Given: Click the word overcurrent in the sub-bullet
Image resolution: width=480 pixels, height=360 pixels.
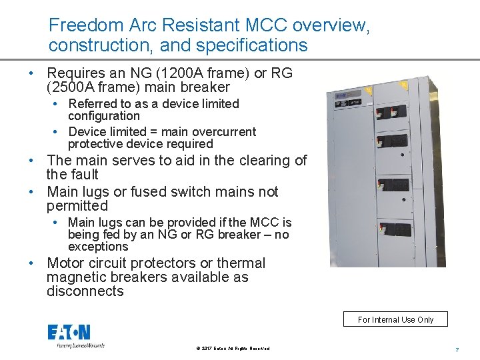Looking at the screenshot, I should click(x=223, y=132).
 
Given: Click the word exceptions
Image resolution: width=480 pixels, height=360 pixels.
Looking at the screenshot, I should click(x=97, y=247).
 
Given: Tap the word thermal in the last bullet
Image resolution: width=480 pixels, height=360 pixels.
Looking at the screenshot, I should click(x=240, y=263).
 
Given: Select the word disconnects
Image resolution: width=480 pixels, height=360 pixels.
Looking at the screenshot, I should click(x=85, y=291).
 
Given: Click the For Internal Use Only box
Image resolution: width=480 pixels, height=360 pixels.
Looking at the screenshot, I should click(x=395, y=319).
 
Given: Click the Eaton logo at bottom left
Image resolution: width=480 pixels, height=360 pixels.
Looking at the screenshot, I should click(x=69, y=333).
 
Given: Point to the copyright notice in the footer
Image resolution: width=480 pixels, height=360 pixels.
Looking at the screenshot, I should click(x=233, y=349).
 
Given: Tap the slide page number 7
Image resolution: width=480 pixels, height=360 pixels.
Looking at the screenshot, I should click(x=457, y=349).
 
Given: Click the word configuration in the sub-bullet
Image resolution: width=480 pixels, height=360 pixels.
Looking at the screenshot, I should click(x=103, y=116).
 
